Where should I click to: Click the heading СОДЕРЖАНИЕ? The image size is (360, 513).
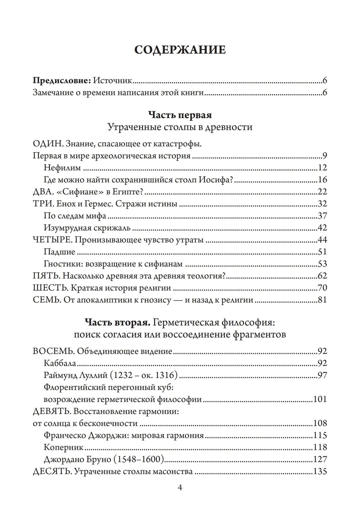[180, 50]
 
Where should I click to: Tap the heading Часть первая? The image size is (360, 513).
[180, 115]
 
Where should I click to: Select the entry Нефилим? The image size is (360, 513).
[62, 168]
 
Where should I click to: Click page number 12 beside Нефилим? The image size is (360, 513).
[322, 168]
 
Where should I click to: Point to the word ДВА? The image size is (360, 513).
[42, 192]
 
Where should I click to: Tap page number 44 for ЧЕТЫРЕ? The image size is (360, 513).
[322, 240]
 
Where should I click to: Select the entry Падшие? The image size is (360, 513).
[59, 252]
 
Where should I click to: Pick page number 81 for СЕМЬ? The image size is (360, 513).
[322, 300]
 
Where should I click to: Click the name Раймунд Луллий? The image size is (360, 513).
[76, 375]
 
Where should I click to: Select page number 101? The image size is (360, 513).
[320, 399]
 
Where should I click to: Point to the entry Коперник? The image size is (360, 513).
[63, 447]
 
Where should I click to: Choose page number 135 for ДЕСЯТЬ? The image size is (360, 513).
[320, 471]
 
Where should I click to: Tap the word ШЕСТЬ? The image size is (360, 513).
[50, 288]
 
